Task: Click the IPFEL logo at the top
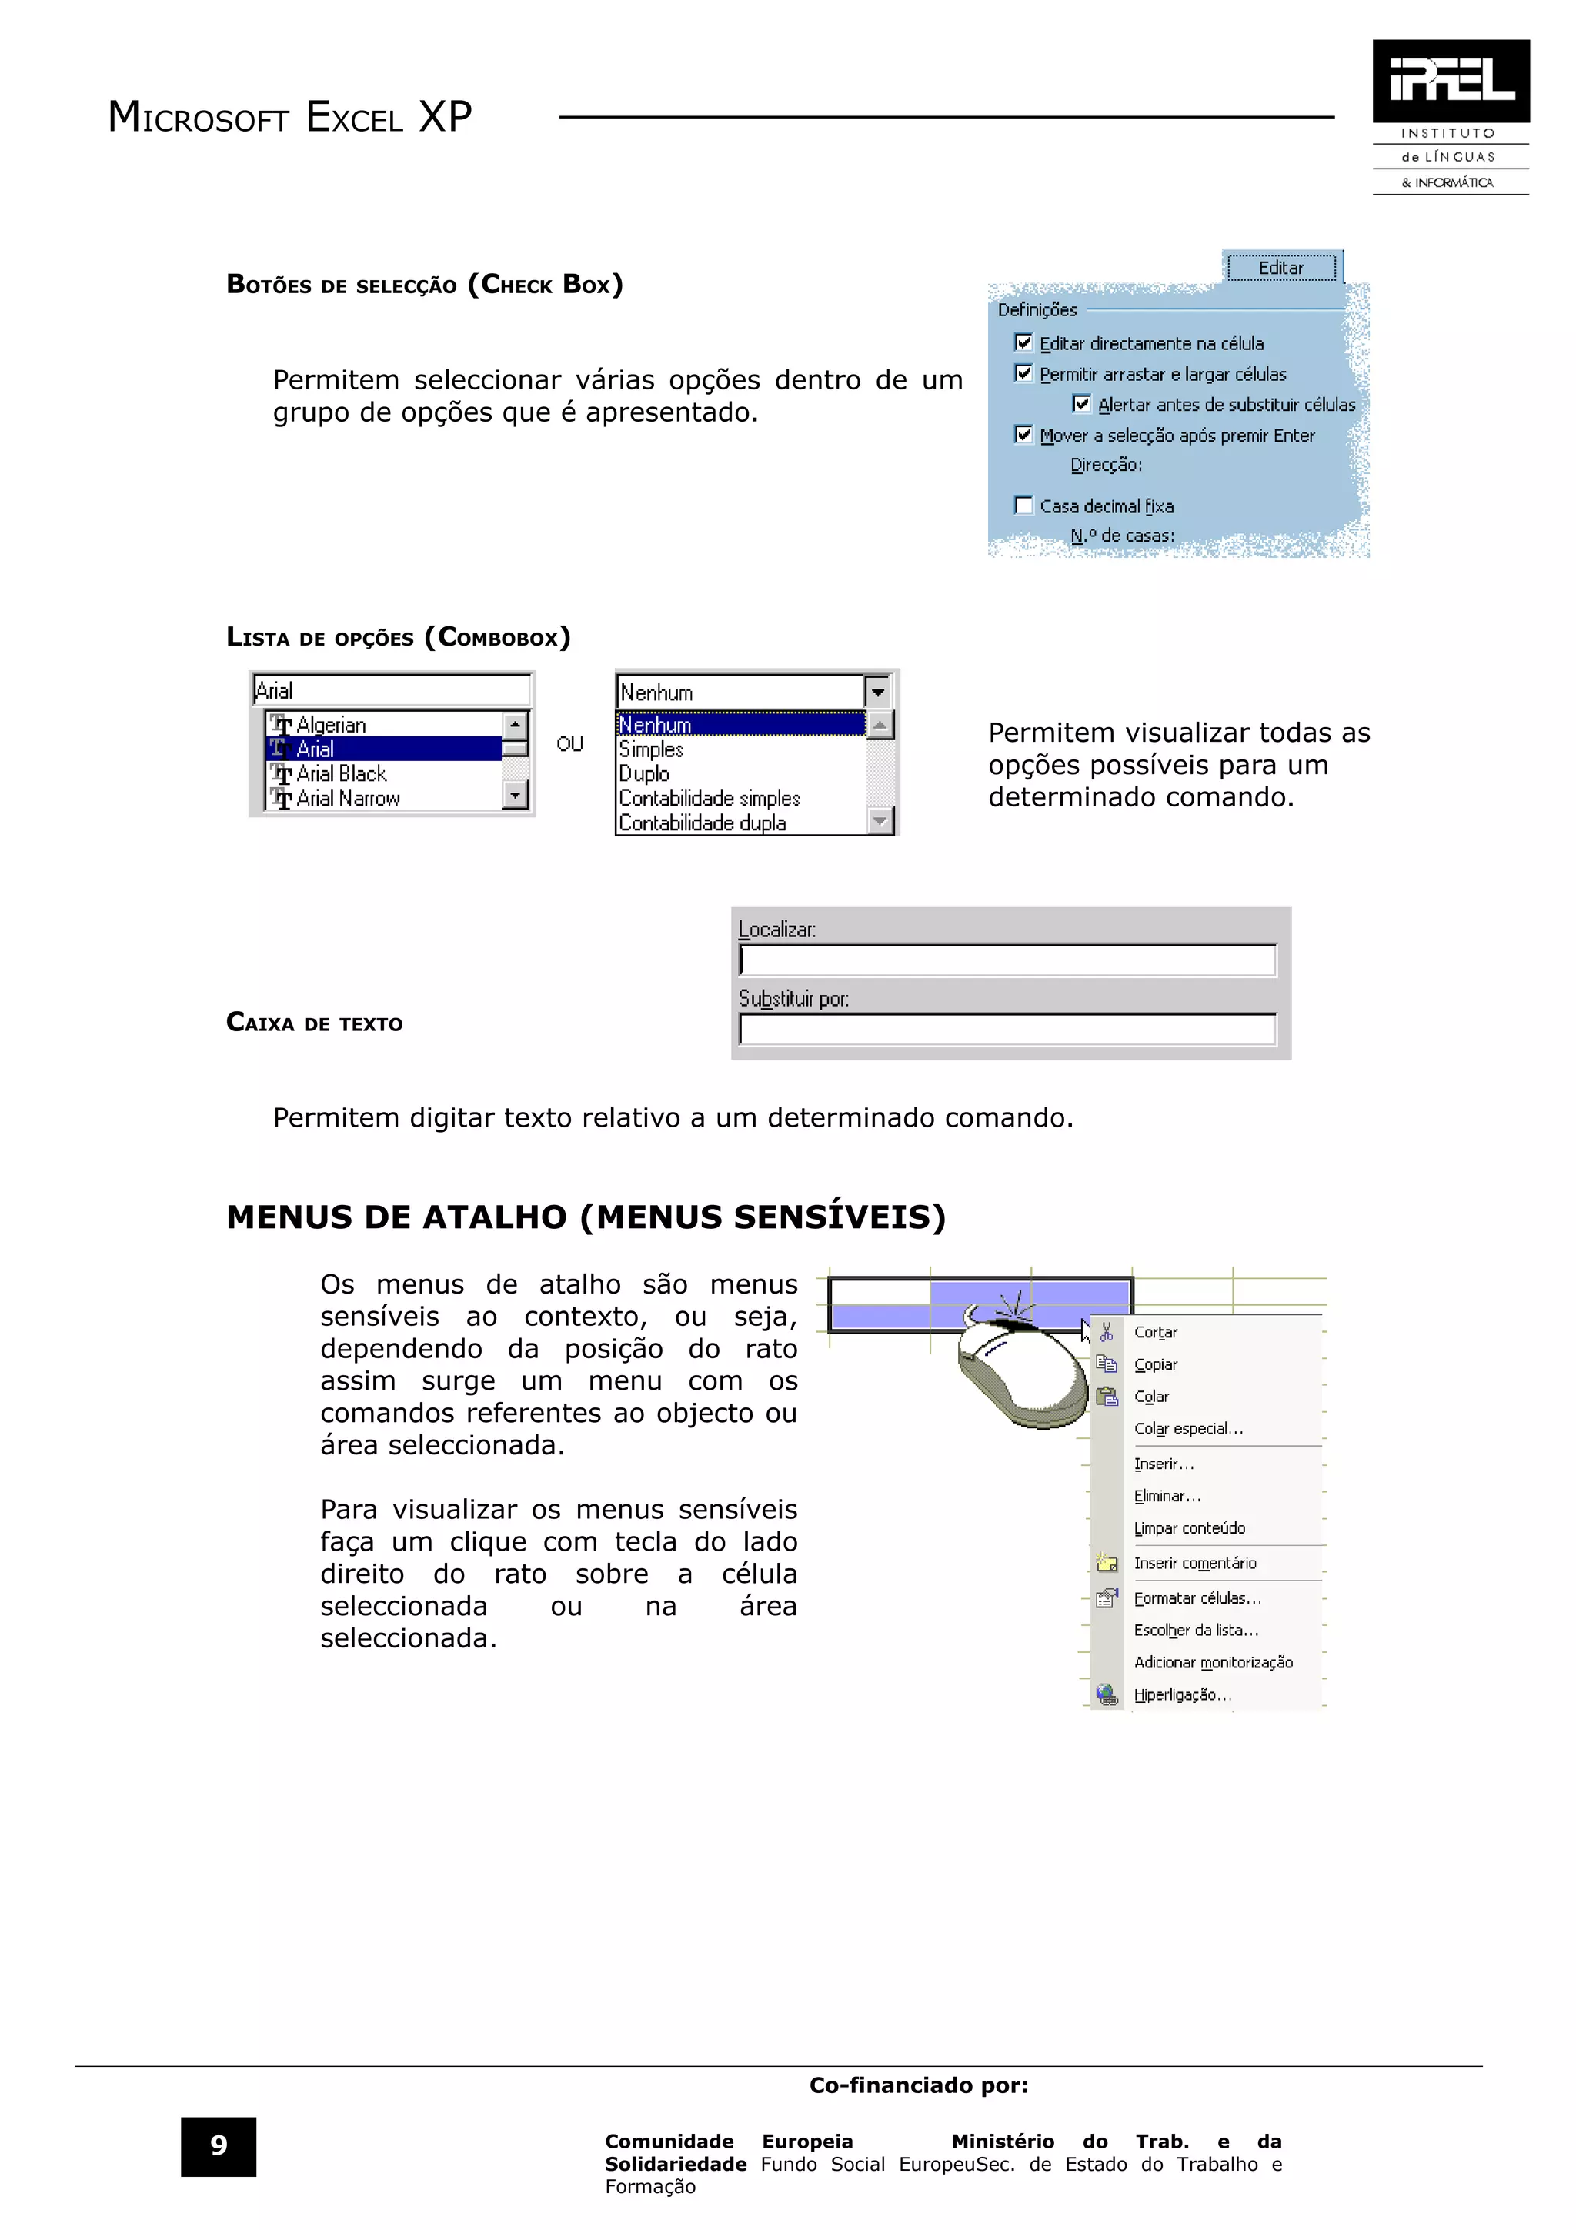tap(1450, 82)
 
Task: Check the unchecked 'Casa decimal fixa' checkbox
tap(1023, 505)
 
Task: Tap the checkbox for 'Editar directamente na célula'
tap(1023, 343)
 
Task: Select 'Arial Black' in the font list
tap(341, 774)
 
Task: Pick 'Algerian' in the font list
tap(331, 725)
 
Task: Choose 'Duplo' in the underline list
tap(645, 774)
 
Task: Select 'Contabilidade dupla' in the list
tap(702, 823)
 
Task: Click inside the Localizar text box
tap(1007, 960)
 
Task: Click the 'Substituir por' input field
tap(1007, 1030)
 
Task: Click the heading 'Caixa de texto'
tap(315, 1023)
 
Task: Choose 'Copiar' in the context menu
tap(1156, 1364)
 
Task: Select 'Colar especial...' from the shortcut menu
tap(1189, 1429)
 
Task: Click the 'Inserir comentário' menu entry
tap(1194, 1563)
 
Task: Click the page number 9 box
tap(219, 2145)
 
